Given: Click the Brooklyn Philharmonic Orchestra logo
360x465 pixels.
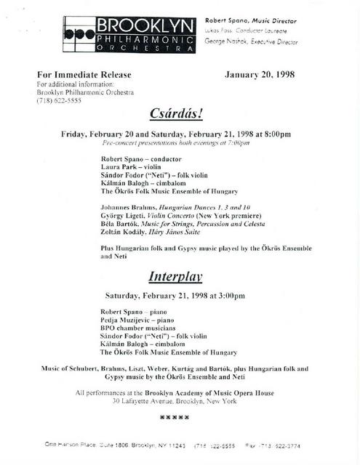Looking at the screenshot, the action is coord(129,34).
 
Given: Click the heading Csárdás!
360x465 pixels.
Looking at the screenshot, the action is coord(177,114).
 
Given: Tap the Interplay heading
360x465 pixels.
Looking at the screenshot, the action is coord(175,276).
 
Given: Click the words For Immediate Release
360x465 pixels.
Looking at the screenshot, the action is coord(81,74).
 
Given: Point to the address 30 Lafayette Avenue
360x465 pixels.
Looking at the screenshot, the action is coord(175,401).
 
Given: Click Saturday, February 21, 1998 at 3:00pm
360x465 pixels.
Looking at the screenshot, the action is coord(175,296).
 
